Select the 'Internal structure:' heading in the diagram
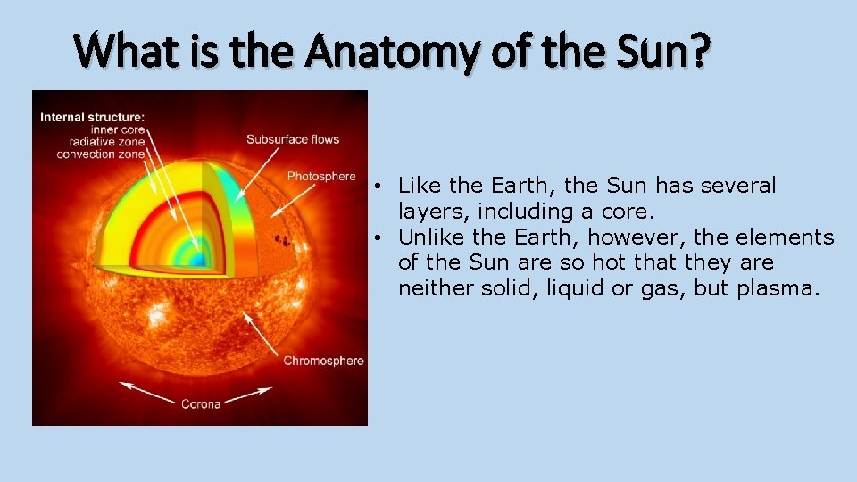click(92, 116)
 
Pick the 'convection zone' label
click(100, 154)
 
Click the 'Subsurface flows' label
click(293, 139)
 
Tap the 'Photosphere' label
click(321, 177)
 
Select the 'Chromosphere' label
click(323, 361)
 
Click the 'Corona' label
click(201, 404)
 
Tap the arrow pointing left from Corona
click(143, 389)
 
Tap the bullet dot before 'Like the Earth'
click(380, 187)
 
